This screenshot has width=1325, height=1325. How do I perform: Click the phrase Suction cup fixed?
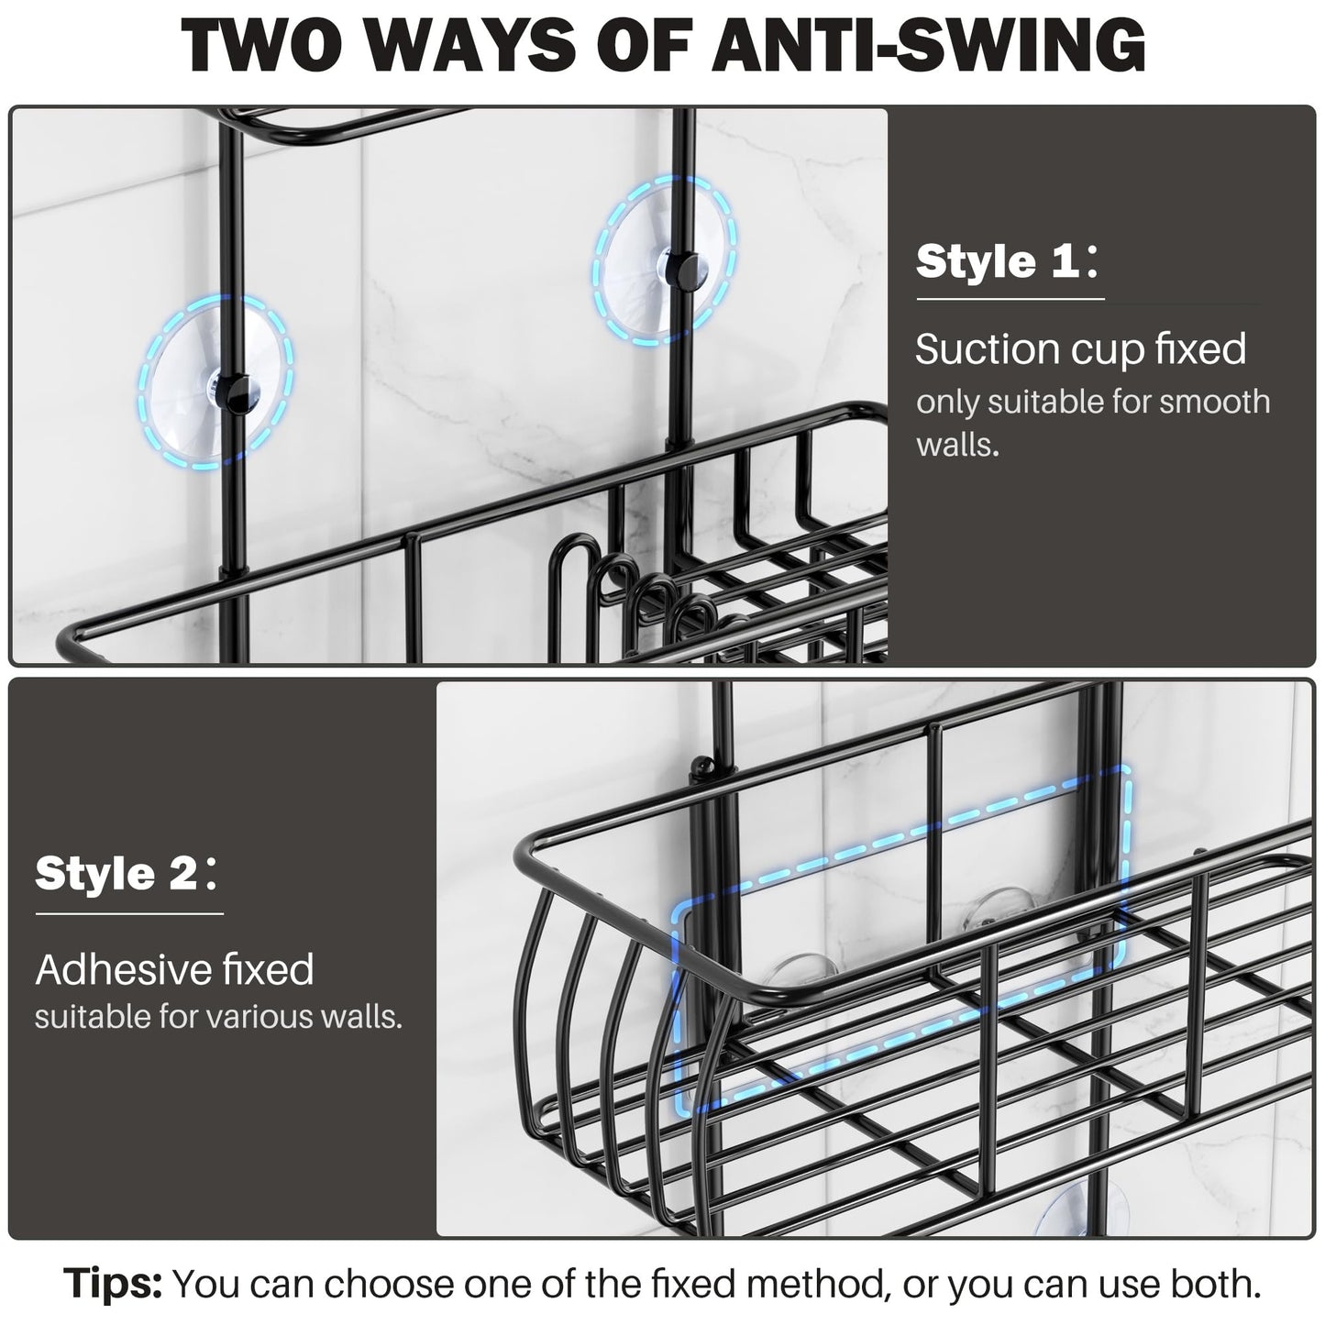tap(1081, 349)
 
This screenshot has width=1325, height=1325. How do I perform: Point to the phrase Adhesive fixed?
tap(175, 969)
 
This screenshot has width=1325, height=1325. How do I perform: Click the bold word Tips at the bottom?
tap(113, 1284)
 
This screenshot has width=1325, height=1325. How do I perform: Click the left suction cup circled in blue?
tap(216, 383)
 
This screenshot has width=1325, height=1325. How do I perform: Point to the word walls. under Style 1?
tap(956, 446)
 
